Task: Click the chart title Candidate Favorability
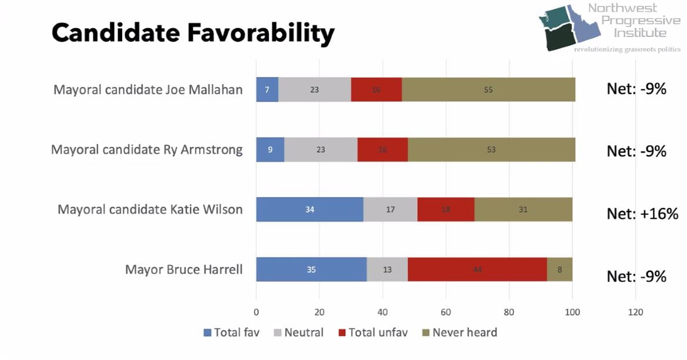tap(193, 33)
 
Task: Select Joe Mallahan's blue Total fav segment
tap(267, 89)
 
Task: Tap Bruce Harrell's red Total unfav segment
tap(477, 270)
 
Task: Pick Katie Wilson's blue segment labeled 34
tap(309, 210)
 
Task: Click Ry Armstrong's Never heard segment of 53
tap(491, 150)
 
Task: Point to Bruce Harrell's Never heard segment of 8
tap(560, 270)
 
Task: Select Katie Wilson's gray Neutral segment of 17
tap(390, 210)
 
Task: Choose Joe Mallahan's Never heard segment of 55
tap(489, 89)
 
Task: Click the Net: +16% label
tap(642, 213)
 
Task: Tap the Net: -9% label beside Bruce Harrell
tap(637, 276)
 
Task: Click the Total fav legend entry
tap(231, 332)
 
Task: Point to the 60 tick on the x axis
tap(446, 312)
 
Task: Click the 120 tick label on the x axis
tap(635, 312)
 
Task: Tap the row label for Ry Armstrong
tap(147, 150)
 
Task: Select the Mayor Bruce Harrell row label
tap(184, 270)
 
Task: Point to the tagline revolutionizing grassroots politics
tap(627, 49)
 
